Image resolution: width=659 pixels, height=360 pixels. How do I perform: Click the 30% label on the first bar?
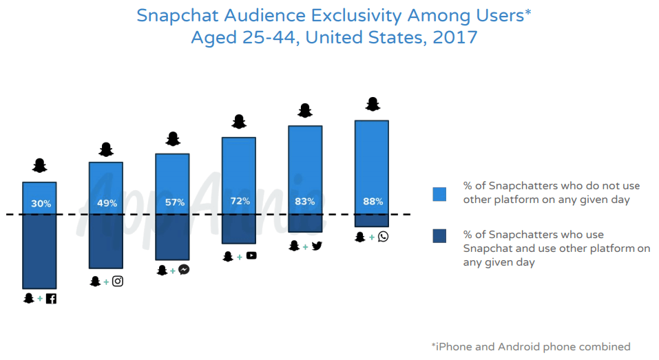tap(41, 203)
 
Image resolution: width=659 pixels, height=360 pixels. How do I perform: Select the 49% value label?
tap(107, 203)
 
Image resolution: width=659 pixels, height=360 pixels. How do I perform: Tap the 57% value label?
tap(174, 202)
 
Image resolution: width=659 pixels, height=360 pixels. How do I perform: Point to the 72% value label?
tap(239, 202)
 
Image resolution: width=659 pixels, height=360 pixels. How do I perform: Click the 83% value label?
tap(304, 202)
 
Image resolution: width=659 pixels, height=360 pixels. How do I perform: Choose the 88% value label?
tap(373, 202)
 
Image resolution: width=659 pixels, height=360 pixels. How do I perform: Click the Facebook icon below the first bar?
tap(51, 299)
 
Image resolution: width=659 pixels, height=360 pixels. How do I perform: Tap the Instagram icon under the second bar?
tap(118, 281)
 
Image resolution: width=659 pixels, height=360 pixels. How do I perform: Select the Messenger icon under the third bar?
tap(184, 270)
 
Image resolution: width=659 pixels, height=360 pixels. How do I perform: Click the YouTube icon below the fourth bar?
tap(251, 256)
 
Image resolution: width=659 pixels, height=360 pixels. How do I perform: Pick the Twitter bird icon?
tap(317, 245)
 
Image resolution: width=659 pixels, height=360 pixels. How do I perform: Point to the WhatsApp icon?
tap(383, 237)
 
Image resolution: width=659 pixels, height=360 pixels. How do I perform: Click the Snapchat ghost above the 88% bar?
tap(373, 104)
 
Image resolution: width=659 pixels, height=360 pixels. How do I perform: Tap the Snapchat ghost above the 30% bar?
tap(40, 165)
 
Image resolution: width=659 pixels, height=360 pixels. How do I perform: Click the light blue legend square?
tap(439, 194)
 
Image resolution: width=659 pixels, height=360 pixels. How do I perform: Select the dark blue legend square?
tap(439, 236)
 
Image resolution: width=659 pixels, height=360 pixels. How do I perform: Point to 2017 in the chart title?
tap(455, 37)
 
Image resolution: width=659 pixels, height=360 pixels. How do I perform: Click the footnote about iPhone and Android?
tap(530, 346)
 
